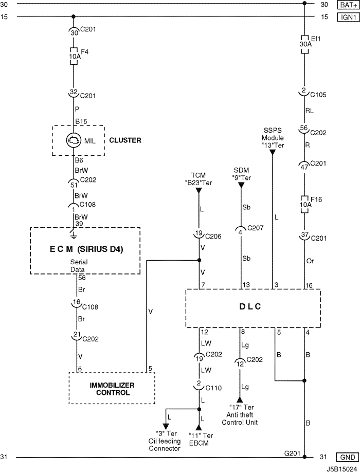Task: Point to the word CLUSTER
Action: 125,140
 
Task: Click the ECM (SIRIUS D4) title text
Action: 85,250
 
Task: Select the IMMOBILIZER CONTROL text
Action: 112,389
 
